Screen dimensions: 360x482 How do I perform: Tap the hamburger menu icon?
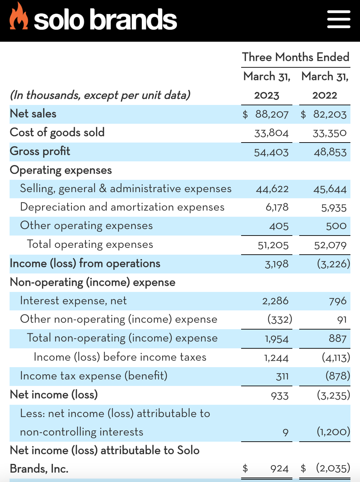338,19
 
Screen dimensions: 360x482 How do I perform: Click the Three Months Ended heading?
295,57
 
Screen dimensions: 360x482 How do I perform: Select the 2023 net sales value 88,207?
272,115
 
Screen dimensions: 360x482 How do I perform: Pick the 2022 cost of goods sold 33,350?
330,133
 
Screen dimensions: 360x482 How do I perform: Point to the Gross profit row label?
40,151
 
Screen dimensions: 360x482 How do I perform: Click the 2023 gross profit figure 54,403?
271,152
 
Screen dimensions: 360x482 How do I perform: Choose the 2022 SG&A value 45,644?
330,189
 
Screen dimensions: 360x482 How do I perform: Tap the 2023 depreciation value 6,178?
277,207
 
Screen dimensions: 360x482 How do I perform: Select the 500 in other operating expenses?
336,226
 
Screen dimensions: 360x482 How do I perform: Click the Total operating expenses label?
90,244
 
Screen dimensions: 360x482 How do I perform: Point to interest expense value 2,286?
275,301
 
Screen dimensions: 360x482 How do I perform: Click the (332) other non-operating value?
280,320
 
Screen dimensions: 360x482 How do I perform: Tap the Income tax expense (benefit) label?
94,376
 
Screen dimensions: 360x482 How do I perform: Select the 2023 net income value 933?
280,396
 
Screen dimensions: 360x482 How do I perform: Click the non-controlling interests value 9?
286,432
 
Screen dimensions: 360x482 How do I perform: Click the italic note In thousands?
100,95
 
